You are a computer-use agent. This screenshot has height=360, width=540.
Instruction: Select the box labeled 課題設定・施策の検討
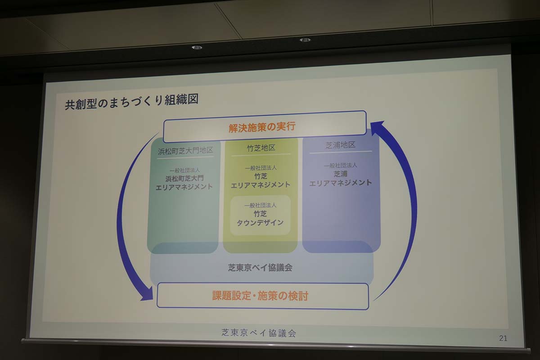point(262,296)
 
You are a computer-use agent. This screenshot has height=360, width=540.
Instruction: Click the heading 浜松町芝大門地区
point(185,151)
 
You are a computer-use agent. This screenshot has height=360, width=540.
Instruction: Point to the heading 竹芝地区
point(261,148)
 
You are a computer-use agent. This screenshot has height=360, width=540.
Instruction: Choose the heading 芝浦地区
point(341,145)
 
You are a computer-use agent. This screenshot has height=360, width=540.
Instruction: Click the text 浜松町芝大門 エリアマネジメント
point(184,182)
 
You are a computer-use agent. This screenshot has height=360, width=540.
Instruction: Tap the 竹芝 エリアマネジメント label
point(261,180)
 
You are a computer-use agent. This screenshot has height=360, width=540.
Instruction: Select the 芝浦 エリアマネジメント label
point(341,178)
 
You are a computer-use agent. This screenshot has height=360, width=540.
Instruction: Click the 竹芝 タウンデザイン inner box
point(261,216)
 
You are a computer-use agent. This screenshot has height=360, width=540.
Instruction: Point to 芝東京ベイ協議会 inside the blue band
point(260,267)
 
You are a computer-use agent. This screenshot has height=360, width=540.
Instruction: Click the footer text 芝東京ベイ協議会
point(259,333)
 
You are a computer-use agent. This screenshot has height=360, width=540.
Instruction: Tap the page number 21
point(503,338)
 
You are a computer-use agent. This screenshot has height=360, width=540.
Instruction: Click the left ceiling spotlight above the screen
point(197,47)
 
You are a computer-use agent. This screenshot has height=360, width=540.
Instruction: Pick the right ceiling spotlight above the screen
point(305,40)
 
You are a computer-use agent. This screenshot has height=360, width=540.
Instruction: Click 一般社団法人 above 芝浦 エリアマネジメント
point(340,165)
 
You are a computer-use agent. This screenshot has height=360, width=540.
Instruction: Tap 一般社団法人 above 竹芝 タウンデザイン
point(261,205)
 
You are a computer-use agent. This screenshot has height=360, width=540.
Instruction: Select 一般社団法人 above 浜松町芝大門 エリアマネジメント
point(184,171)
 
